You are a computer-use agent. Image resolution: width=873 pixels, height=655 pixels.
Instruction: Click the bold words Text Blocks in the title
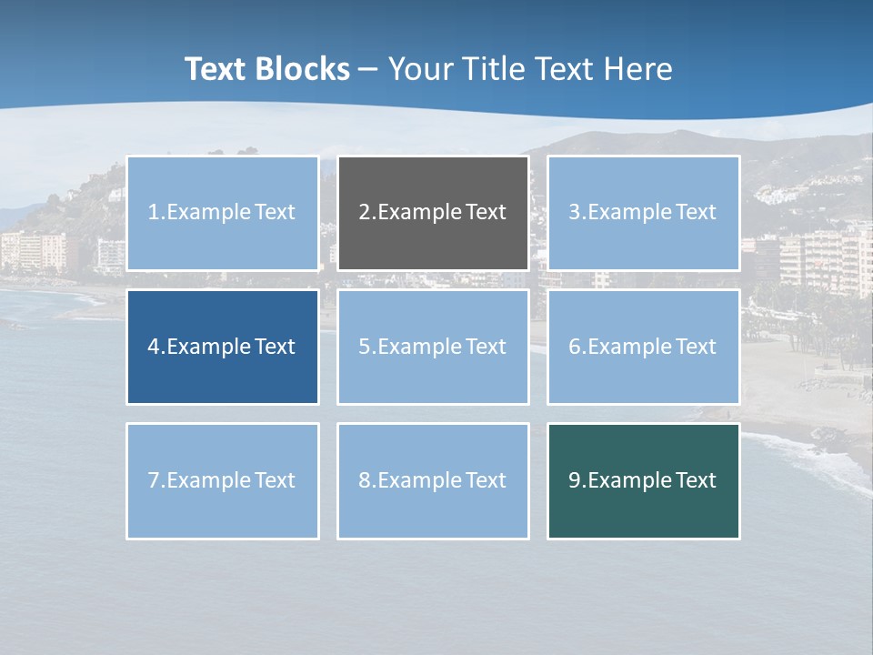pyautogui.click(x=266, y=69)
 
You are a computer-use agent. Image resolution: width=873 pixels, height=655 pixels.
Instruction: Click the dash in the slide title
pyautogui.click(x=368, y=70)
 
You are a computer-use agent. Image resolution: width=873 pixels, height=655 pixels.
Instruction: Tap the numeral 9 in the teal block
pyautogui.click(x=575, y=480)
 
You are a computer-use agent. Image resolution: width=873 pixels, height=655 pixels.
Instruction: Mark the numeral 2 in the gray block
pyautogui.click(x=364, y=212)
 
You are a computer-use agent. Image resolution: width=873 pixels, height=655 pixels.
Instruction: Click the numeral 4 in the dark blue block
pyautogui.click(x=154, y=347)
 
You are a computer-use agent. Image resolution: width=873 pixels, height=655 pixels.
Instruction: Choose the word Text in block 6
pyautogui.click(x=696, y=347)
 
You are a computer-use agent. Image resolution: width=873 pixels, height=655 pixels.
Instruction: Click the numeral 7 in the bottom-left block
pyautogui.click(x=154, y=480)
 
